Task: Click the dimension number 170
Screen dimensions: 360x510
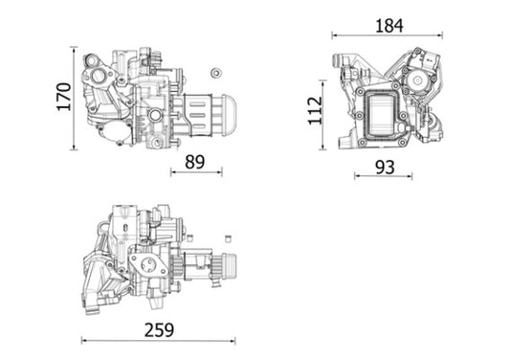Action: coord(64,96)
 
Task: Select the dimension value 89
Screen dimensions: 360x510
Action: coord(195,163)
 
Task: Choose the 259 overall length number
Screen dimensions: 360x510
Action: coord(160,330)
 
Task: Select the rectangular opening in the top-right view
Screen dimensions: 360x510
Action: coord(386,115)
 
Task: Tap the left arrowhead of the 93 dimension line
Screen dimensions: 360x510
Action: coord(354,177)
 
